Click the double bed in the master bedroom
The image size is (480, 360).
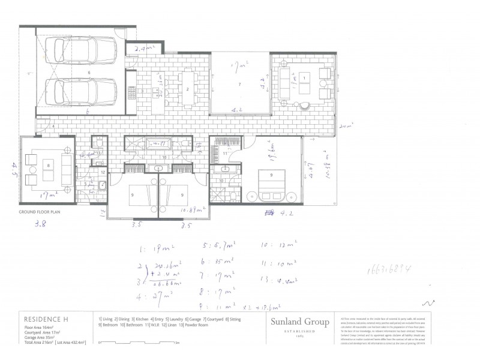pyautogui.click(x=273, y=182)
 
